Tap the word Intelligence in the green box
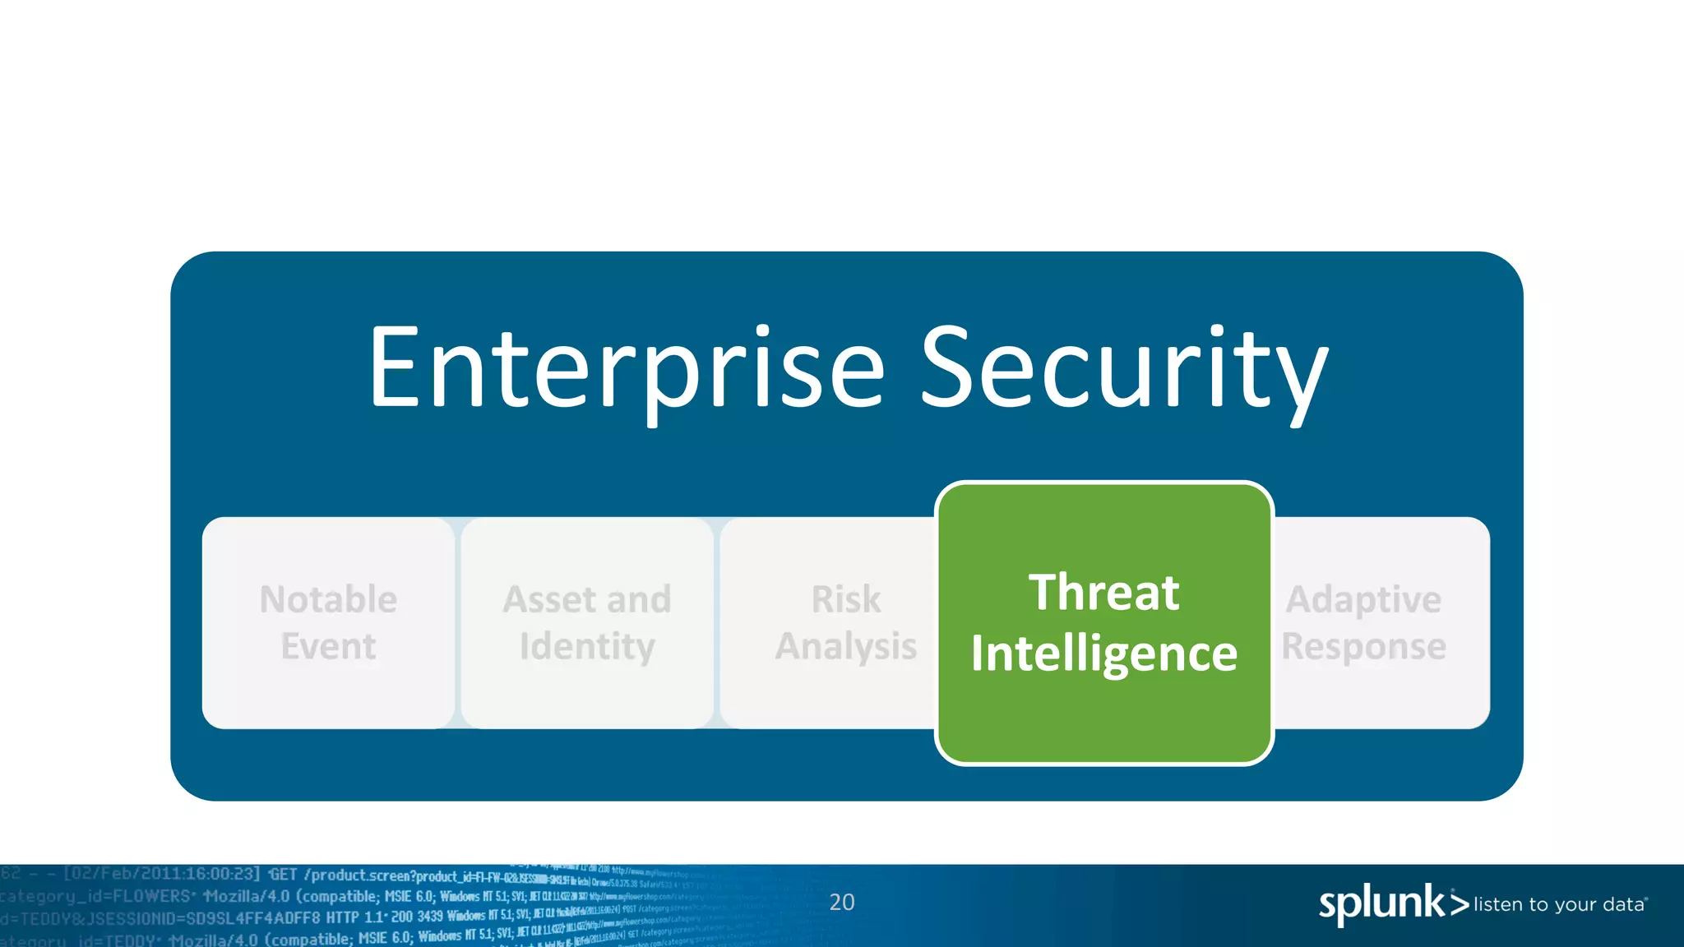[x=1103, y=654]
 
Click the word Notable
[x=328, y=599]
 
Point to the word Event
[x=328, y=646]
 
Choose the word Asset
[x=548, y=599]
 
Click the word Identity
[x=587, y=646]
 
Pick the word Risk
[x=845, y=599]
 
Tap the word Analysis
[x=845, y=646]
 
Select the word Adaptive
[x=1363, y=599]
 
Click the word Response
[x=1363, y=646]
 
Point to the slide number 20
[x=841, y=902]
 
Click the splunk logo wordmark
[x=1381, y=904]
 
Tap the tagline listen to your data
[x=1559, y=904]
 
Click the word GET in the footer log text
[x=283, y=875]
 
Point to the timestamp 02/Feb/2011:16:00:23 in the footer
[x=163, y=874]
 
